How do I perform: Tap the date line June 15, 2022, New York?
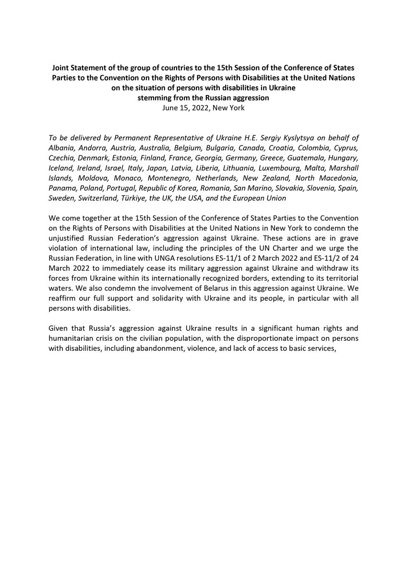click(203, 108)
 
